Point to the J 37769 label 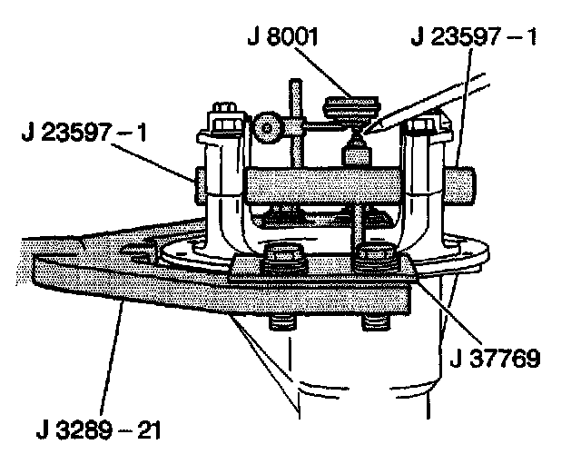tap(496, 356)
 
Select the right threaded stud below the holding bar tap(375, 324)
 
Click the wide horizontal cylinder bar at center tap(322, 187)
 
